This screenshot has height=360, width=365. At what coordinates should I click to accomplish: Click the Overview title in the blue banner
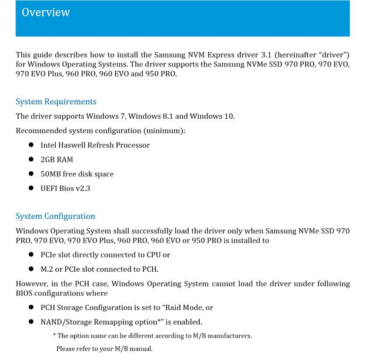click(46, 12)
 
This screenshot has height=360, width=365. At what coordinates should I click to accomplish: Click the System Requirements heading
click(56, 102)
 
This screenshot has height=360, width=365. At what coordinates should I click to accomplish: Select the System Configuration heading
click(55, 216)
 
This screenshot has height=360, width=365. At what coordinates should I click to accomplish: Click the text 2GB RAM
click(56, 159)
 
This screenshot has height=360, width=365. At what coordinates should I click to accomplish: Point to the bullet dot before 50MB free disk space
click(31, 174)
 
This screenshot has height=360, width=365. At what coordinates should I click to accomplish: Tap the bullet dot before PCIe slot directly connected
click(31, 255)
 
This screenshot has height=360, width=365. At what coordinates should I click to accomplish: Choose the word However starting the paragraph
click(34, 284)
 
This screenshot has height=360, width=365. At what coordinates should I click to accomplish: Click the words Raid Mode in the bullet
click(187, 308)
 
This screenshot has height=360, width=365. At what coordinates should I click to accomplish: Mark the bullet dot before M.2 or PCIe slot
click(31, 269)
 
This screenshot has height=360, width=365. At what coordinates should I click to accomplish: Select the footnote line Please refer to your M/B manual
click(104, 349)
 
